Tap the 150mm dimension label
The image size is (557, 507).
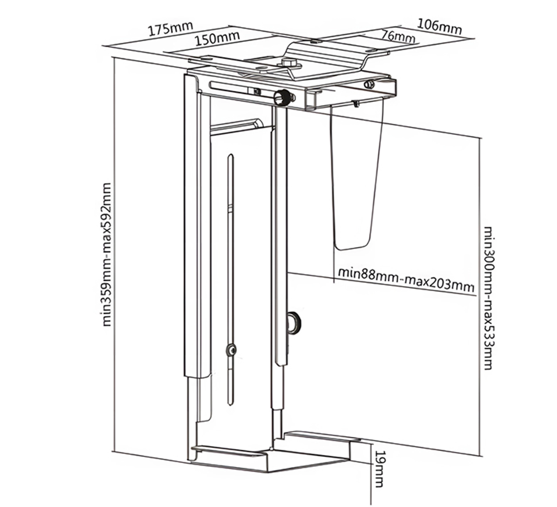tap(217, 38)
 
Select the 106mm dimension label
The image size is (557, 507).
tap(439, 26)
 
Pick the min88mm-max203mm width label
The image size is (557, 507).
tap(406, 279)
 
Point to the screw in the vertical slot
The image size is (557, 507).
tap(231, 349)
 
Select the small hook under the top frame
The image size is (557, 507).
tap(355, 103)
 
